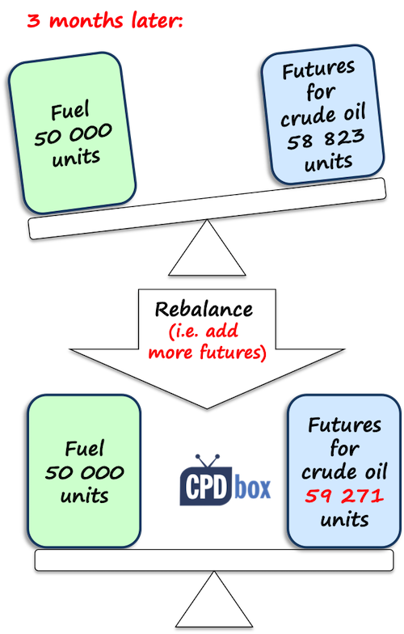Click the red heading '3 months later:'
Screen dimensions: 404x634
coord(105,20)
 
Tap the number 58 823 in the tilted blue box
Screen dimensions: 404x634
coord(326,139)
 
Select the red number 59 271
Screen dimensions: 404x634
coord(344,495)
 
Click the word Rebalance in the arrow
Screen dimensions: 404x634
coord(204,309)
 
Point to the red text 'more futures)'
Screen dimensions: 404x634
coord(207,352)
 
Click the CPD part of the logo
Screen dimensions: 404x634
coord(206,487)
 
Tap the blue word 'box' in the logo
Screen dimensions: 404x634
coord(252,488)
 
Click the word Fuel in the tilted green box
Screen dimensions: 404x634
coord(69,112)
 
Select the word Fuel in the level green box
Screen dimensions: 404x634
coord(84,448)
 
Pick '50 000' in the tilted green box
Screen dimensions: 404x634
coord(73,134)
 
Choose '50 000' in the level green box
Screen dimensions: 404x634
coord(84,472)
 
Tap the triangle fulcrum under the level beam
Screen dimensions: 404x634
coord(214,599)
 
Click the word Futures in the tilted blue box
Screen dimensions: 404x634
coord(318,70)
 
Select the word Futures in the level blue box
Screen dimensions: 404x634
coord(344,425)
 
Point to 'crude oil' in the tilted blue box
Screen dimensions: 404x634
coord(323,115)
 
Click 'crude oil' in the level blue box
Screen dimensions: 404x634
coord(344,471)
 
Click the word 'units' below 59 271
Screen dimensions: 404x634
coord(344,519)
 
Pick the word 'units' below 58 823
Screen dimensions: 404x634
coord(328,163)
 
